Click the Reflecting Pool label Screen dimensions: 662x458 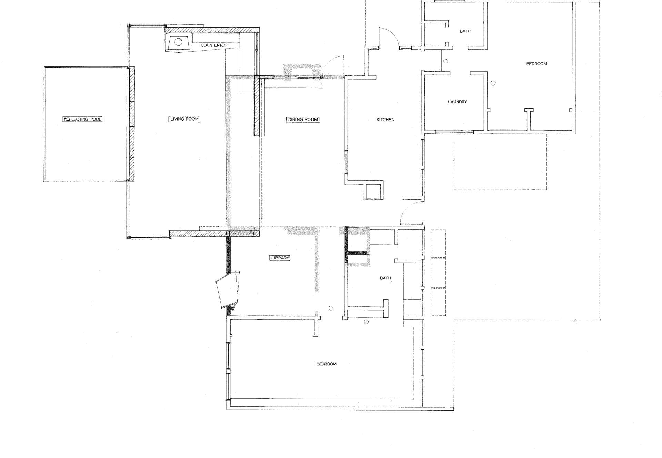(x=83, y=119)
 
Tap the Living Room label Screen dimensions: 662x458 (x=184, y=119)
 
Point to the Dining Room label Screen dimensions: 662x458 (x=303, y=119)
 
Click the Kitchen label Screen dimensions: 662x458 (x=385, y=120)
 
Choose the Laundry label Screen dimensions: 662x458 (x=457, y=102)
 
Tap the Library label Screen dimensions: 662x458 (x=280, y=258)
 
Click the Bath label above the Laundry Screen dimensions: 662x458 (x=465, y=31)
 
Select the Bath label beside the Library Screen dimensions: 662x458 (x=385, y=278)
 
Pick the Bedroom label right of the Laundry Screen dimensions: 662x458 (x=537, y=64)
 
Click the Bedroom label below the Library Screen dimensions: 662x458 (x=327, y=364)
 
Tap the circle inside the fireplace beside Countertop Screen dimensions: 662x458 (x=178, y=42)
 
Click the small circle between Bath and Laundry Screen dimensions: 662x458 (x=445, y=61)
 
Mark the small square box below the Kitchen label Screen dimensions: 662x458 (x=373, y=191)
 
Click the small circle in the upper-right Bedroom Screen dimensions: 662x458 (x=493, y=83)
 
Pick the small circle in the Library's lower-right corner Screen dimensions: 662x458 (x=331, y=308)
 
